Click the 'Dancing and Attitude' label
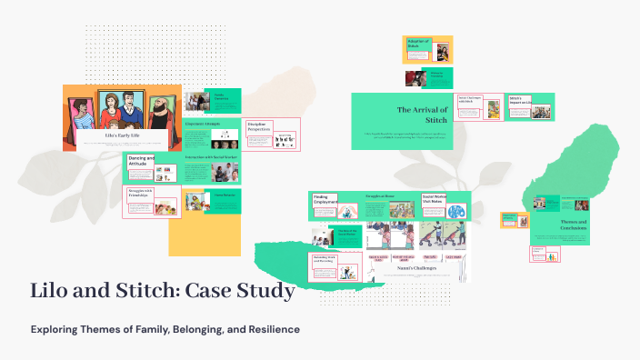pyautogui.click(x=141, y=163)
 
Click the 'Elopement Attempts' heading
pyautogui.click(x=202, y=123)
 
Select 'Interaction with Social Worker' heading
pyautogui.click(x=212, y=157)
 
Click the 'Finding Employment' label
pyautogui.click(x=324, y=200)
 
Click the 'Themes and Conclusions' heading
pyautogui.click(x=573, y=225)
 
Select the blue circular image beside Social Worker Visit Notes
pyautogui.click(x=456, y=209)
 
